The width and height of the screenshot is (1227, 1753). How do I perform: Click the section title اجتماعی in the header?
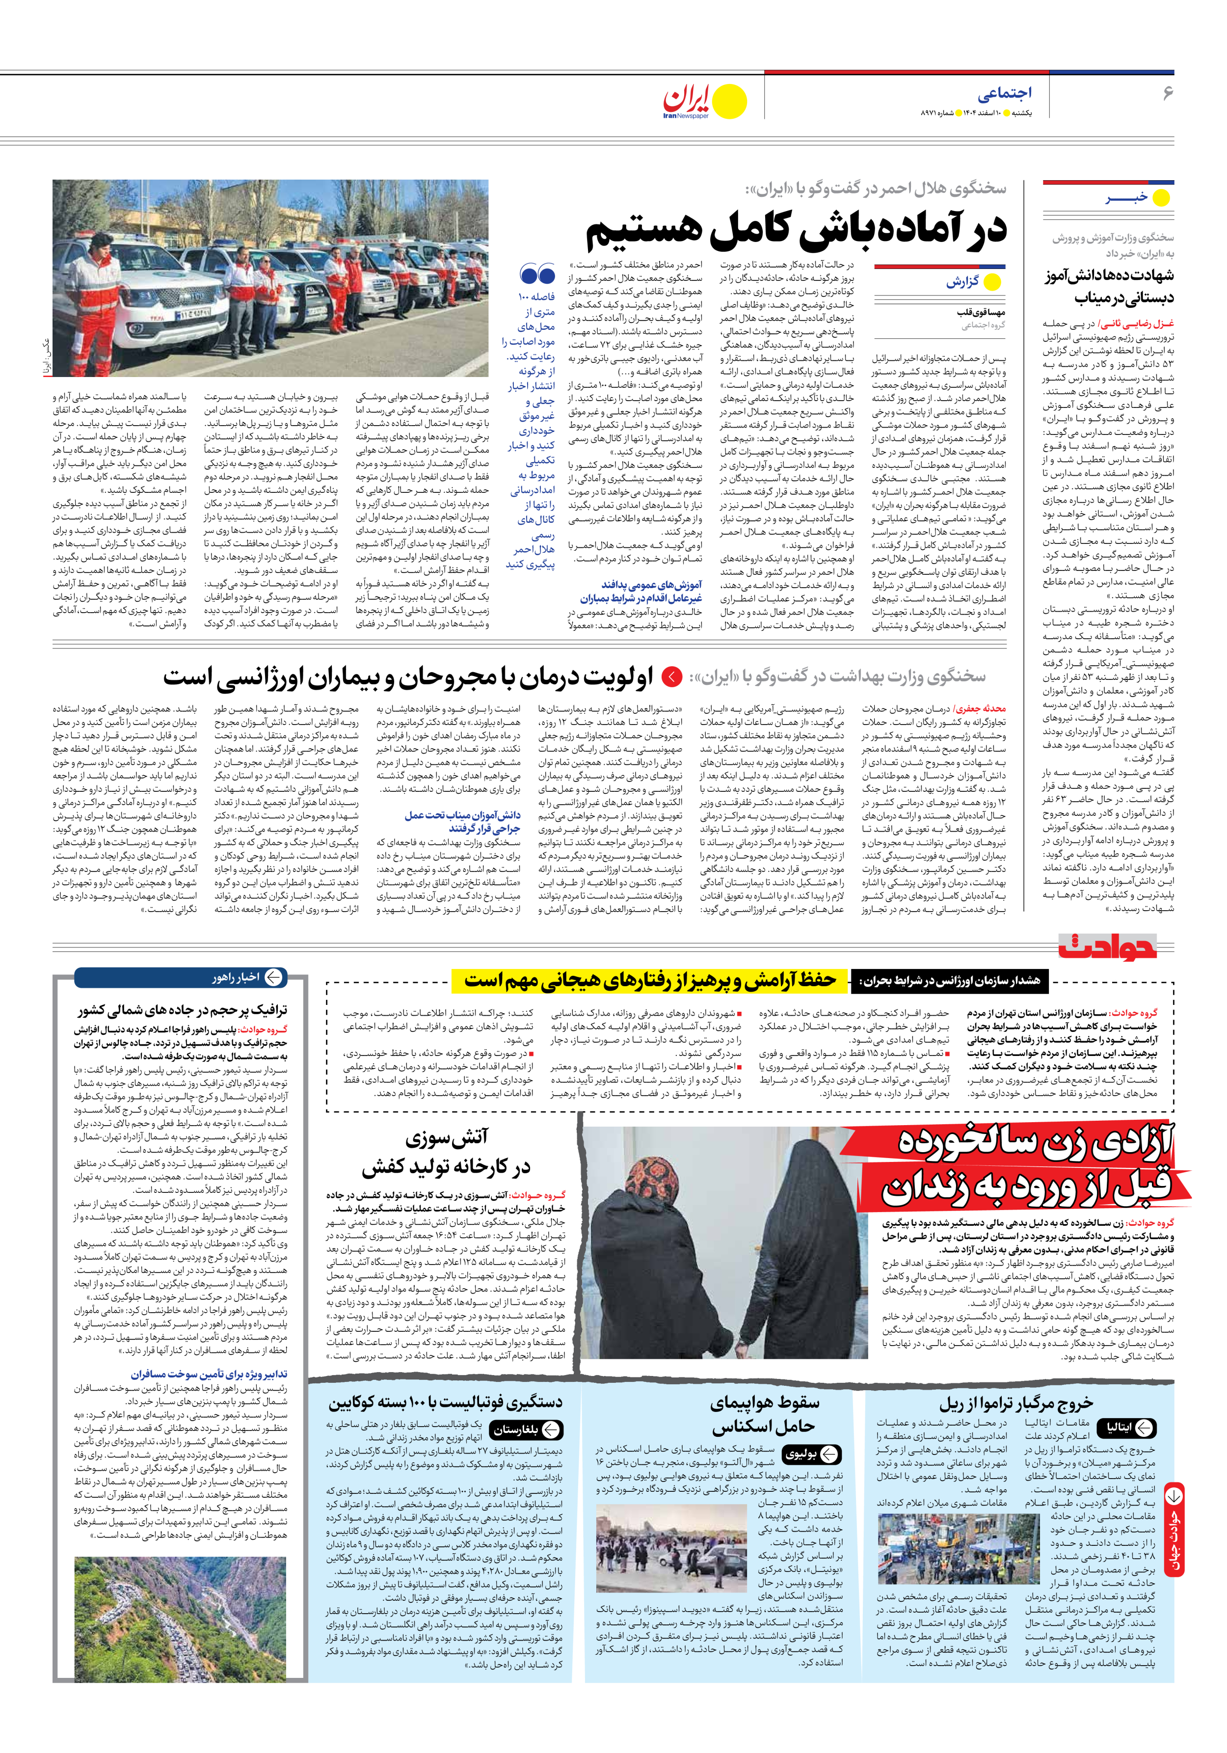(x=1004, y=93)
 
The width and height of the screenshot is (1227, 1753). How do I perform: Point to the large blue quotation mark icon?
(x=537, y=273)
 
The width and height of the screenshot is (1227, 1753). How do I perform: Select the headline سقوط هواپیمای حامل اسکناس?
(x=764, y=1414)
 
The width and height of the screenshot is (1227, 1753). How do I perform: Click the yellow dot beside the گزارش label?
(x=992, y=282)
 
